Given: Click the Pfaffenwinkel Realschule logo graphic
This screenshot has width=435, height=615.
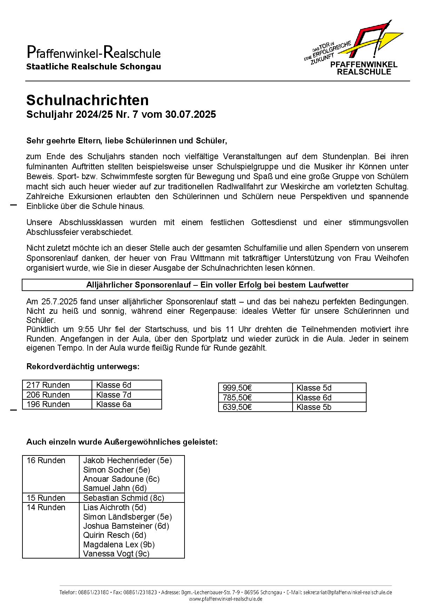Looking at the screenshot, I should coord(354,47).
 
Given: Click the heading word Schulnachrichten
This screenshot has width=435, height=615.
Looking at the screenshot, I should coord(87,100).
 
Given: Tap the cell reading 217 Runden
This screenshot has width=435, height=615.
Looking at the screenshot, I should coord(48,385).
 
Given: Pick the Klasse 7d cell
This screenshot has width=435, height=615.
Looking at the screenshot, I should coord(114,395).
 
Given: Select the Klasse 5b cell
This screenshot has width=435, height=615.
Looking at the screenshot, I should coord(314,407).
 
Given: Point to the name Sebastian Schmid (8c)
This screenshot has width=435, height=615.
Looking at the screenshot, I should coord(123,498).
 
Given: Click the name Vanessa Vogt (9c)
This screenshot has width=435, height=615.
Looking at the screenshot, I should coord(116,554).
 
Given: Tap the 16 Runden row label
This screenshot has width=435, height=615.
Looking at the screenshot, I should coord(46,460).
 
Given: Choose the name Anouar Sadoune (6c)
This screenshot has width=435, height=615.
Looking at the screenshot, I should coord(121,479).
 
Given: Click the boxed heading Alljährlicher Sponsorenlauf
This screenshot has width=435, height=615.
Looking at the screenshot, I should coord(217,285).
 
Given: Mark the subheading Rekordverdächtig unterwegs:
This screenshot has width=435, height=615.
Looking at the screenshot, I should coord(83,367).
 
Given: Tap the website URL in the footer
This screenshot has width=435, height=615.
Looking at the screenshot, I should coord(226,599).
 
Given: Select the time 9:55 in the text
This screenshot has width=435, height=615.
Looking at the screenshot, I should coord(82,329).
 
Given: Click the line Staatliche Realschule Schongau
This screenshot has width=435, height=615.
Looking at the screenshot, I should coord(94,67).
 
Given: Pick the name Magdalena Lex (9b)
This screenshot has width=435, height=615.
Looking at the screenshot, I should coord(119,545).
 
